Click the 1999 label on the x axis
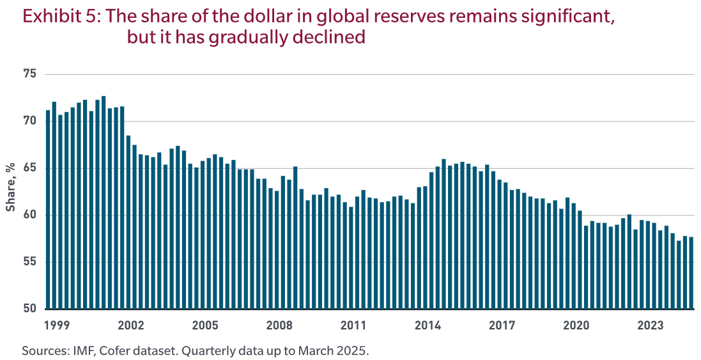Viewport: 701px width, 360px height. pos(56,325)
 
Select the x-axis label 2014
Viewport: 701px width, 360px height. pos(428,325)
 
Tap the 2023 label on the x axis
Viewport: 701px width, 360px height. pos(650,325)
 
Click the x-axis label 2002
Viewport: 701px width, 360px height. pos(130,325)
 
